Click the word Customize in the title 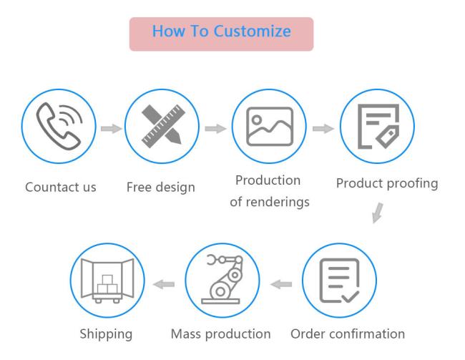(x=252, y=31)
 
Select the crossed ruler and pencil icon (x=163, y=126)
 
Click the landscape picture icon (x=270, y=127)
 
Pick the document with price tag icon (x=378, y=126)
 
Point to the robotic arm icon (x=222, y=279)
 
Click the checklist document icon (x=339, y=281)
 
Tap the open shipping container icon (x=107, y=281)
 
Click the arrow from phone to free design (x=112, y=129)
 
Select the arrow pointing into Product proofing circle (x=323, y=129)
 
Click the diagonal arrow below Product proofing (x=378, y=213)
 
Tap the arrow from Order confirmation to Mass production (x=281, y=284)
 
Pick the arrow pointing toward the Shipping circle (x=164, y=284)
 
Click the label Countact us (x=61, y=188)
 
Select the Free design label (x=161, y=188)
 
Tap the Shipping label (x=106, y=334)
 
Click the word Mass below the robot (x=186, y=334)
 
